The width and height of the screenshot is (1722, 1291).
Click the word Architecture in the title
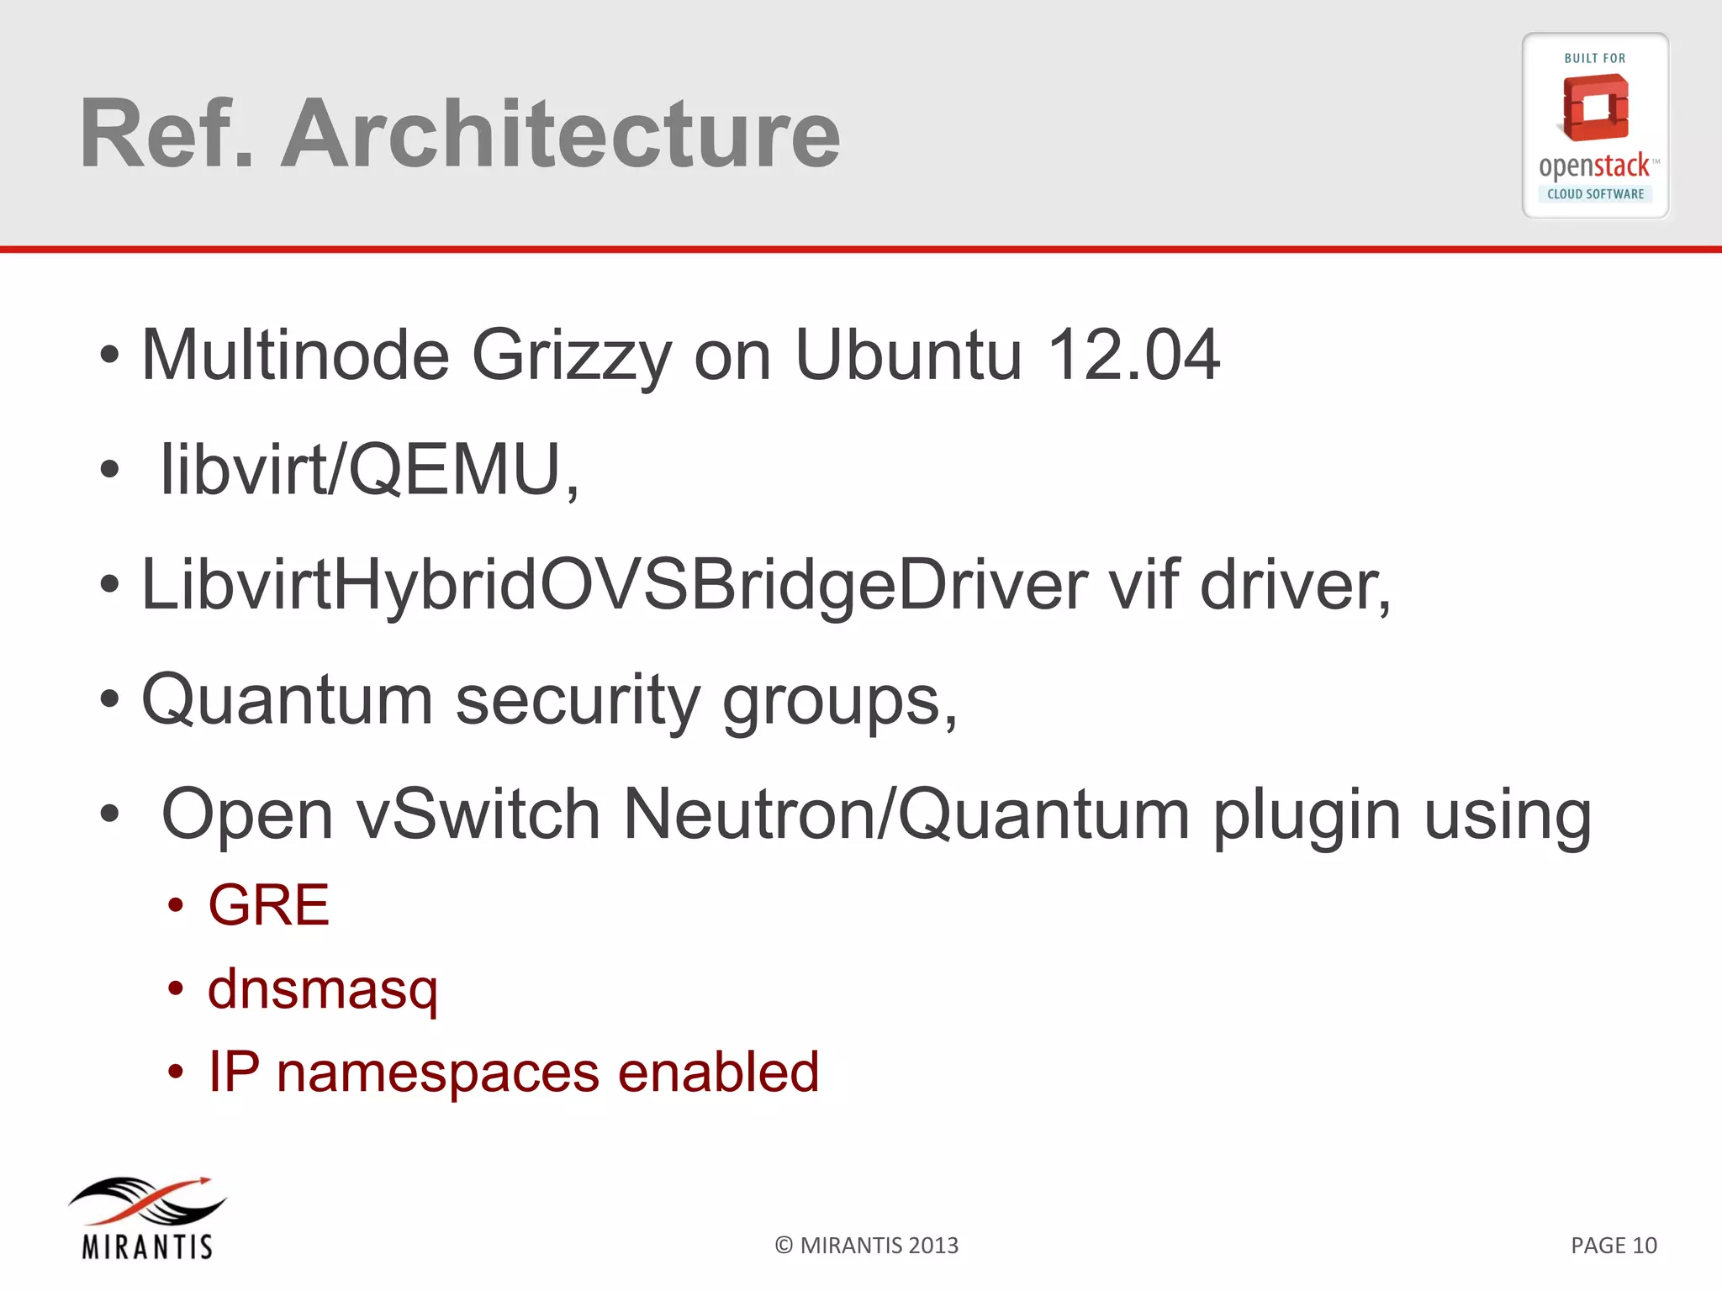point(560,134)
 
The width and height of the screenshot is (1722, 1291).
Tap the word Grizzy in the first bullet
point(572,356)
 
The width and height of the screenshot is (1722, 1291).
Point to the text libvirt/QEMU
point(369,471)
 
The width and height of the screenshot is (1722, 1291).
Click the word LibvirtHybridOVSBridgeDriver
point(615,586)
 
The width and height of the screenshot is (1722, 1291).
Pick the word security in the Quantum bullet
point(578,701)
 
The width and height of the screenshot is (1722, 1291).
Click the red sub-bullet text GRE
point(268,905)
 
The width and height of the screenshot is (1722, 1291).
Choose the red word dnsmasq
point(323,990)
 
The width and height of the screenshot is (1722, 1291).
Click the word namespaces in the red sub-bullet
point(437,1072)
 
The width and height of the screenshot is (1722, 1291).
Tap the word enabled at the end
point(719,1072)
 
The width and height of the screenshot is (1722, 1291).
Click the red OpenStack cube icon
point(1595,108)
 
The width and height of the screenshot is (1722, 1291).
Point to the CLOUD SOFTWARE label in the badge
point(1595,194)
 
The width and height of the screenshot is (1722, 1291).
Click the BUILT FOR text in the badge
point(1594,59)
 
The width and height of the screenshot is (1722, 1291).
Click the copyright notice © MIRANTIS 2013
point(866,1246)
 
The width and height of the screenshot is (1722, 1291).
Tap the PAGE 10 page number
point(1614,1246)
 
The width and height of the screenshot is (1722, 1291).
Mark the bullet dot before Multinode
point(109,356)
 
